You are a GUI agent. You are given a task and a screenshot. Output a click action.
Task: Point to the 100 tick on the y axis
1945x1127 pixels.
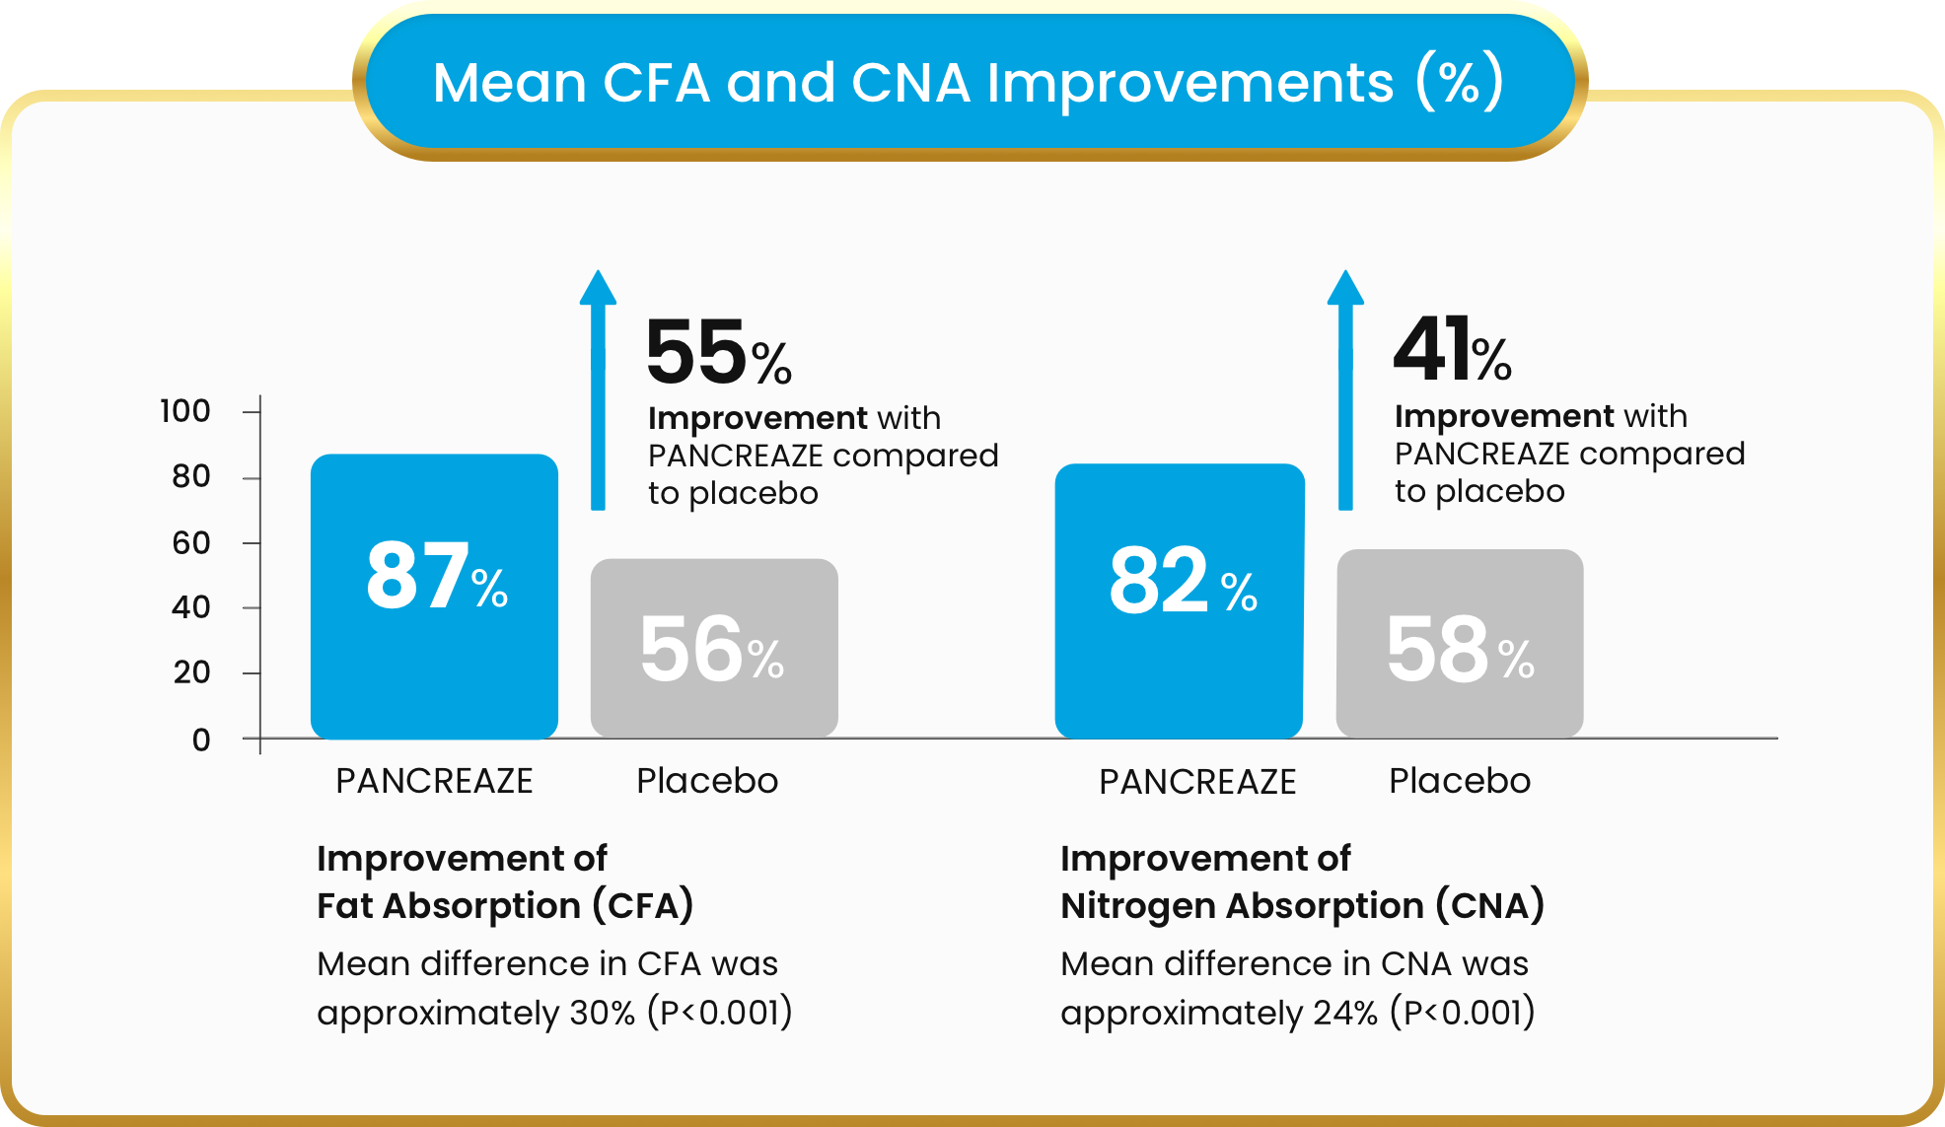[185, 410]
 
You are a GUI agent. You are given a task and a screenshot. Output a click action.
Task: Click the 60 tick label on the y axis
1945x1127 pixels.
[190, 542]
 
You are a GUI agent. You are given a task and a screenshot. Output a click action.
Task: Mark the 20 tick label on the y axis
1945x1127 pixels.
[191, 672]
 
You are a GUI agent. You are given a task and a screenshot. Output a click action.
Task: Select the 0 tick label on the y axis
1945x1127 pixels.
[201, 740]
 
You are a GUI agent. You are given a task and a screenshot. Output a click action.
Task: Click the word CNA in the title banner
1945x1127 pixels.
[909, 82]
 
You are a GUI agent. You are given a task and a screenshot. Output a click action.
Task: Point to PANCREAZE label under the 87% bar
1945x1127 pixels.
[434, 781]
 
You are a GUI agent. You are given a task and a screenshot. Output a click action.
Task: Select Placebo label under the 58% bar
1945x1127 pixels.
[1460, 781]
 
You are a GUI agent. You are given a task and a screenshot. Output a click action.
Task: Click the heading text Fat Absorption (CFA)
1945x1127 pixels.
[505, 905]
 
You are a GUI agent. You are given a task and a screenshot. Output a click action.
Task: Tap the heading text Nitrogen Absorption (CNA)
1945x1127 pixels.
[1302, 905]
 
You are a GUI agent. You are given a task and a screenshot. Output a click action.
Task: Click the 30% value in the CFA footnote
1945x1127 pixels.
[602, 1013]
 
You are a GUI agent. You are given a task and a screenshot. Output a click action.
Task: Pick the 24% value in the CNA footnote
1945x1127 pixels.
[1344, 1013]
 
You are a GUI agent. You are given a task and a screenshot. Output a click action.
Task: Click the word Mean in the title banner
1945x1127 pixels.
[509, 82]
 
